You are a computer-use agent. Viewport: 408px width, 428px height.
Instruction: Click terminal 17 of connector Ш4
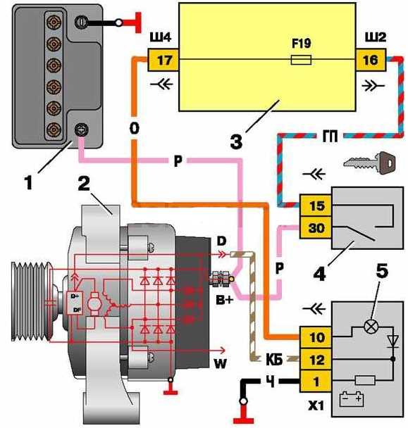[163, 60]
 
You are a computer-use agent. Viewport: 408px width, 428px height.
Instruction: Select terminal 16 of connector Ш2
[371, 60]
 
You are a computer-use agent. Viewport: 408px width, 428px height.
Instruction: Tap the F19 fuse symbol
[301, 60]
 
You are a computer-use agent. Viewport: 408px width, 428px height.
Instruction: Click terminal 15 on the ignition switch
[316, 206]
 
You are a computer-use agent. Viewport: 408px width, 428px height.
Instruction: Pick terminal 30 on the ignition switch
[316, 227]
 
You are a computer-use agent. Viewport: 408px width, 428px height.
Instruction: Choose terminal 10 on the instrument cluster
[316, 337]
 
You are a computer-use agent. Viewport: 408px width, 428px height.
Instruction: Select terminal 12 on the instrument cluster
[316, 360]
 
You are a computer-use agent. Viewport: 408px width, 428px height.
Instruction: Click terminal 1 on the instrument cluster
[316, 382]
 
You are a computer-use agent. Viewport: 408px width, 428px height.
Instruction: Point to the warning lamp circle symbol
[371, 326]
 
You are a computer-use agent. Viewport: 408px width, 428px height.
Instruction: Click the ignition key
[369, 163]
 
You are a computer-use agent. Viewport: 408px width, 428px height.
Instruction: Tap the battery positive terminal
[81, 130]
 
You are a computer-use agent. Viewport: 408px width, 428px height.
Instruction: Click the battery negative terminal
[81, 22]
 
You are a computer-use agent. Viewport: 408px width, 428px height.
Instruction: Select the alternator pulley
[32, 301]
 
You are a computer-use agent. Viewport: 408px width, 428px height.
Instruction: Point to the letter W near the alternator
[220, 363]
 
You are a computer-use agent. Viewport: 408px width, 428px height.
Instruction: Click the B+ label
[225, 301]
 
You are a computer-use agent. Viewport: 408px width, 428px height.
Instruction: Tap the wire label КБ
[274, 360]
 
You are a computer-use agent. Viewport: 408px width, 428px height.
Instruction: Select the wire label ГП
[330, 136]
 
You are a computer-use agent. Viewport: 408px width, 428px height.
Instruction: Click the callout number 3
[236, 141]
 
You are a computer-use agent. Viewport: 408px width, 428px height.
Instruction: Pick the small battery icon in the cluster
[352, 399]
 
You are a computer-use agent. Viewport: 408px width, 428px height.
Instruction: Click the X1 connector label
[316, 405]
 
